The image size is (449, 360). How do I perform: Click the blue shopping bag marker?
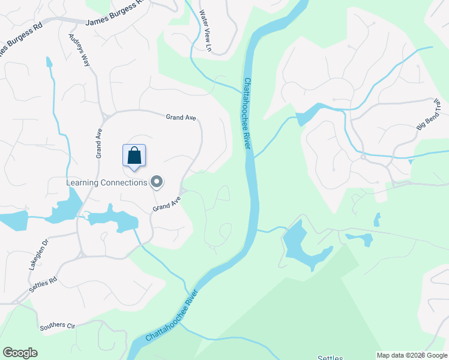[x=134, y=156]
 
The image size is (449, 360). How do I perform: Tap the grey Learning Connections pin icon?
[x=157, y=181]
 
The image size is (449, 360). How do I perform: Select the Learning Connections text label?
[x=106, y=182]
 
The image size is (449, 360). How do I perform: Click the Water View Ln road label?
[x=206, y=29]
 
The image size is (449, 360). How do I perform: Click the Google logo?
[x=20, y=353]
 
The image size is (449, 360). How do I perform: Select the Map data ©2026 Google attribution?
[x=412, y=355]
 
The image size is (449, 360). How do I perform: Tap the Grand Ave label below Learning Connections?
[x=166, y=204]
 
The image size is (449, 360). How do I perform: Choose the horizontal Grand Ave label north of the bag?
[x=181, y=118]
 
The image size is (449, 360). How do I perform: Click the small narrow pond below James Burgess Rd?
[x=49, y=61]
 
